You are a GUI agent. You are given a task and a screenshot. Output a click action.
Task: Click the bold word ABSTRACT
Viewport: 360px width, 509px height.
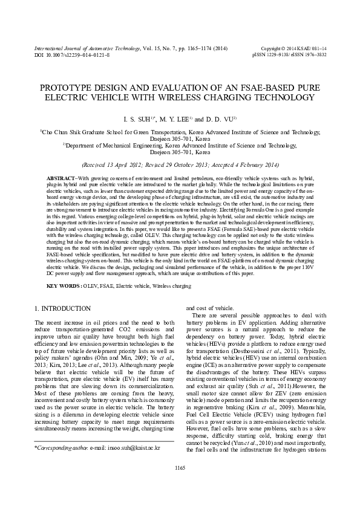click(62, 179)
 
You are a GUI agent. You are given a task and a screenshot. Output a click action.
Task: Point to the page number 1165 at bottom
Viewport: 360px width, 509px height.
click(180, 485)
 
